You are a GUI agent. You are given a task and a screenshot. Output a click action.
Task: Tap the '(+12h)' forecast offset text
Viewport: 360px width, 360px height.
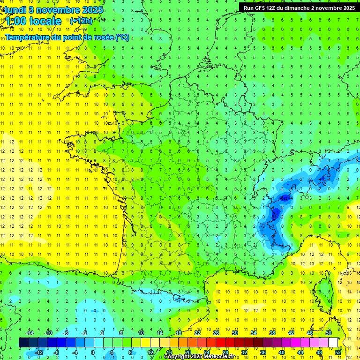pos(81,21)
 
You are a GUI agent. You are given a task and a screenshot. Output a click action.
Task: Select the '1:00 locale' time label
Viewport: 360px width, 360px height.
pos(33,21)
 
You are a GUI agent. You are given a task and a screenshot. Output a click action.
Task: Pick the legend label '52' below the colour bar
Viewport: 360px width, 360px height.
pos(338,352)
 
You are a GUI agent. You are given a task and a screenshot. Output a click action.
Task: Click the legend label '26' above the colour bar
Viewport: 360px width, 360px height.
pos(216,332)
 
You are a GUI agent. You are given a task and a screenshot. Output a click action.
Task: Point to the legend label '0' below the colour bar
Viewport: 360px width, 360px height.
pos(93,352)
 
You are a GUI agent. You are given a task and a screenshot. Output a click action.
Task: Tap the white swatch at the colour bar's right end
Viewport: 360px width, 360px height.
pos(333,343)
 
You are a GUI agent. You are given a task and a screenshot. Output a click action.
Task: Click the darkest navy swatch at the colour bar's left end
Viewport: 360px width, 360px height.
pos(23,343)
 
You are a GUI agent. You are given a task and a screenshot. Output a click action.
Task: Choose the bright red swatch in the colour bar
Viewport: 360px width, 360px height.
pos(220,343)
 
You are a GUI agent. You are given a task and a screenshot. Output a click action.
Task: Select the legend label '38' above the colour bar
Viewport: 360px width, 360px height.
pos(272,332)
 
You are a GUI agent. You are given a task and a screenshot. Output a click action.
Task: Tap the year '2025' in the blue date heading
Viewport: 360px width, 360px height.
pos(92,10)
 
